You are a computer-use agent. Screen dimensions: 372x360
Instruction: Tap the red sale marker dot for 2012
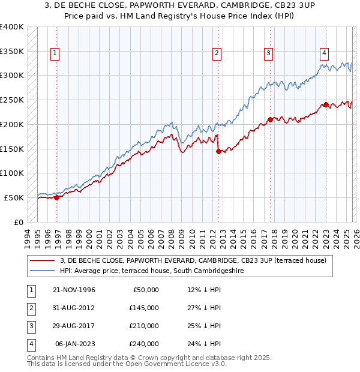point(218,151)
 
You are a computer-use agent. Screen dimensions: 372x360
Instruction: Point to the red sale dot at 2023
point(326,104)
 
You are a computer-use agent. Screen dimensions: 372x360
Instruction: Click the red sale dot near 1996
point(57,197)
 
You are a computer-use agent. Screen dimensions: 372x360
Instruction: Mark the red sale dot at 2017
point(270,119)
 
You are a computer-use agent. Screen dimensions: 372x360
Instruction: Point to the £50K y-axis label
point(14,197)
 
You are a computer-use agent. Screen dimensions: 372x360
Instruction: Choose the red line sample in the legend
point(43,260)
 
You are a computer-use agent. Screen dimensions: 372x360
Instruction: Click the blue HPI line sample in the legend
point(43,271)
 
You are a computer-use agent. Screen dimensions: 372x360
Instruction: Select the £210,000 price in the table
point(144,326)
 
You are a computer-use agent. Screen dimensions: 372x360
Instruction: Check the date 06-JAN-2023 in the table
point(75,344)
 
